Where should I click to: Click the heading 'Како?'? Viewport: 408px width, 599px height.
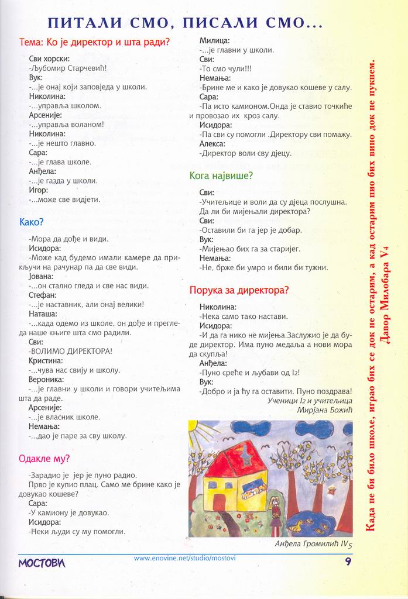31,222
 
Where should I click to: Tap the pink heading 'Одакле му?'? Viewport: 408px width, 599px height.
44,459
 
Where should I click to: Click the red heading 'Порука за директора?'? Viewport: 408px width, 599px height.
239,290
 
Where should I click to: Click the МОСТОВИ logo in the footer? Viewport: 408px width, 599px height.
42,563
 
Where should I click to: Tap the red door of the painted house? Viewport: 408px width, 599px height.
220,502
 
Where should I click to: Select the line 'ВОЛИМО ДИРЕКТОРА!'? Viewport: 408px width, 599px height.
70,351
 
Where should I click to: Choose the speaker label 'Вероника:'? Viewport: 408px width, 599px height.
46,380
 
